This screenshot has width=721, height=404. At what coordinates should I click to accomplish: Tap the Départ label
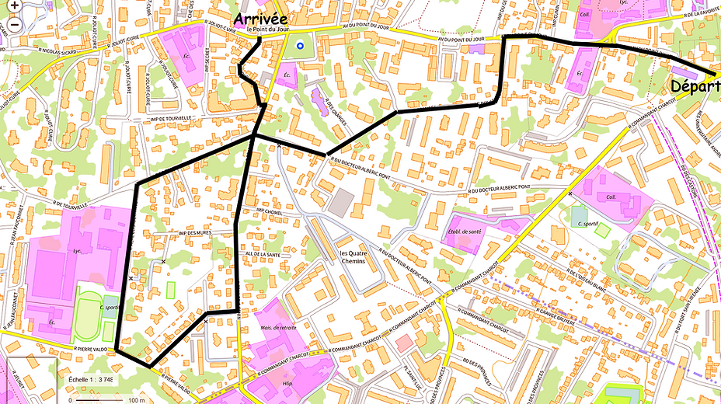[695, 85]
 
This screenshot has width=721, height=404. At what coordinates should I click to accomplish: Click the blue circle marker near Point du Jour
[300, 47]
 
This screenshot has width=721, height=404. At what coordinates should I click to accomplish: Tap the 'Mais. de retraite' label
[279, 328]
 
